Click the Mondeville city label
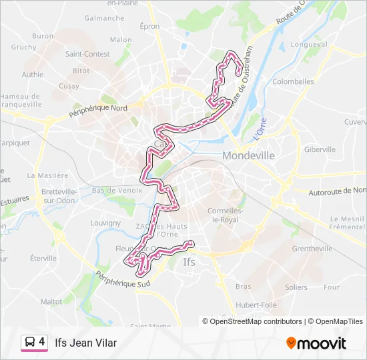[x=248, y=155]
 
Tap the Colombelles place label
[x=293, y=82]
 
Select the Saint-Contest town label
[x=87, y=55]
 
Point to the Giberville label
[x=320, y=149]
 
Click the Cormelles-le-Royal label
[x=227, y=215]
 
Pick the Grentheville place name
[x=312, y=249]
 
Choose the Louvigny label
[x=105, y=223]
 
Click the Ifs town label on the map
[x=190, y=262]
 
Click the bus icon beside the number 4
[x=30, y=343]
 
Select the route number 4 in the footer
[x=42, y=342]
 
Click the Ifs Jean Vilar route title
[x=85, y=343]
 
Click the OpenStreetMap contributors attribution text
[x=256, y=321]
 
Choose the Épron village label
[x=149, y=26]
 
